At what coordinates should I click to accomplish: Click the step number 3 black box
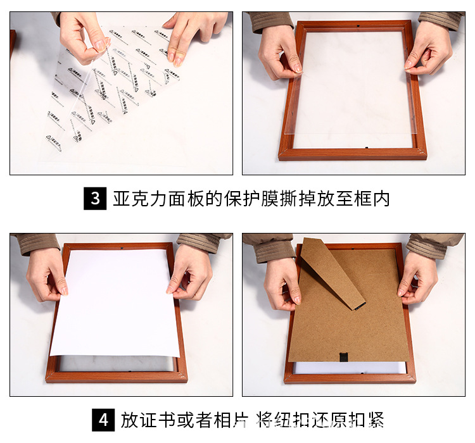[x=95, y=198]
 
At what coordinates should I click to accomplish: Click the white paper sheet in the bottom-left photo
[x=114, y=304]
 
